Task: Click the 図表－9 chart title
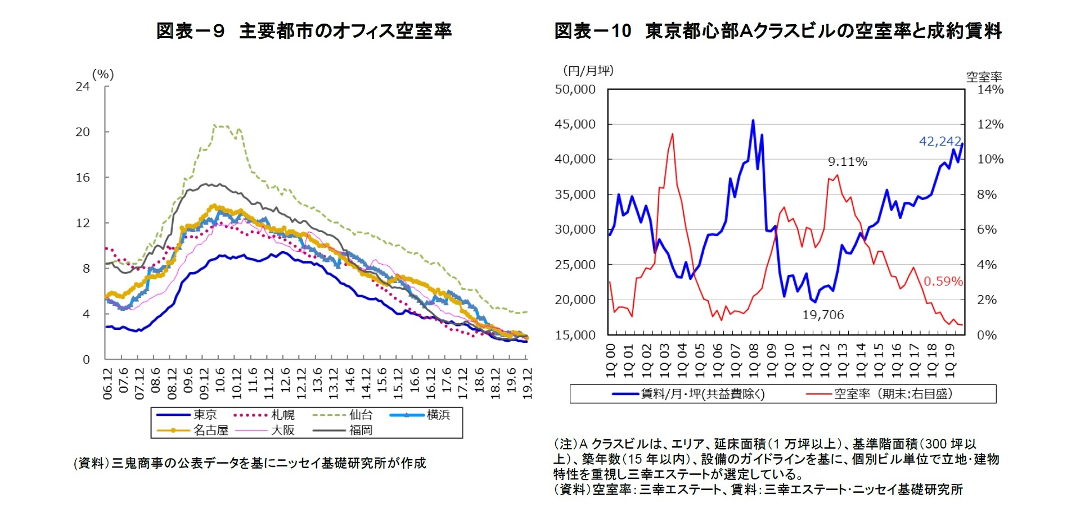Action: pyautogui.click(x=304, y=30)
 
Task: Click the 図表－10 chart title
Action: pyautogui.click(x=778, y=30)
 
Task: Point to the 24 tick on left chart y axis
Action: pyautogui.click(x=83, y=87)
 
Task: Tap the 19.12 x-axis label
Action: pyautogui.click(x=527, y=383)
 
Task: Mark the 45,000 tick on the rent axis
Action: pyautogui.click(x=575, y=124)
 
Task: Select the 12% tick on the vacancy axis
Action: pyautogui.click(x=990, y=124)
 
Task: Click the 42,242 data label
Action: pyautogui.click(x=940, y=141)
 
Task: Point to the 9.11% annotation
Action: pyautogui.click(x=847, y=162)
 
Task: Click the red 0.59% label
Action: pyautogui.click(x=943, y=281)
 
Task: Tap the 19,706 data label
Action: pyautogui.click(x=823, y=315)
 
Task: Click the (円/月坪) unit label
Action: pyautogui.click(x=588, y=71)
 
